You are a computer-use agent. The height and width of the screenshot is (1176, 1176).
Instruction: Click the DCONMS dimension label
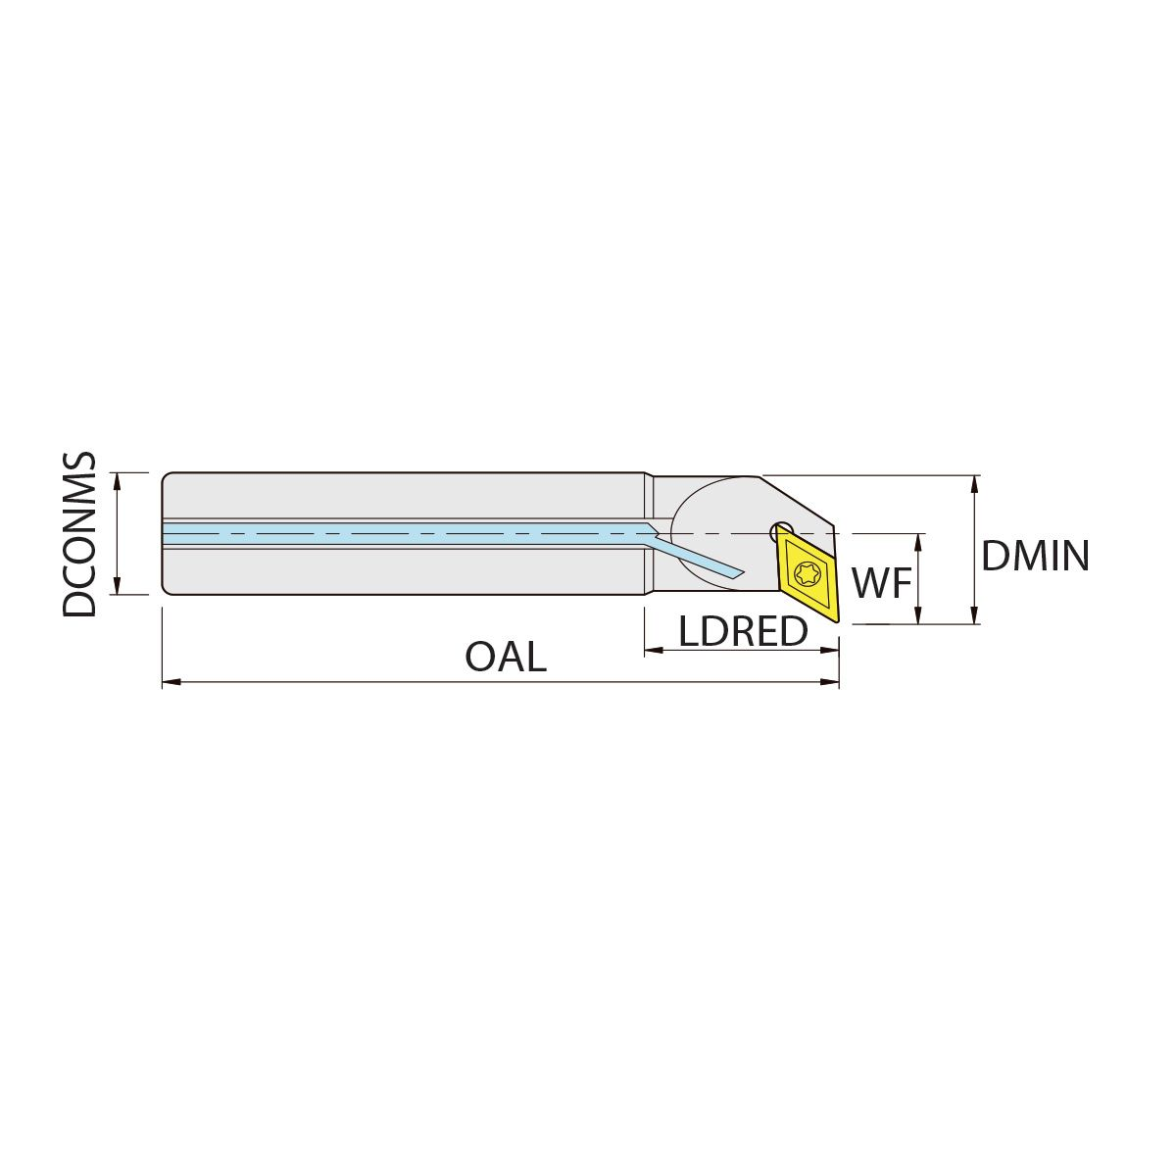[x=80, y=535]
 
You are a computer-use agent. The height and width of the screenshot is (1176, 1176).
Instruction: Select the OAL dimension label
[x=506, y=658]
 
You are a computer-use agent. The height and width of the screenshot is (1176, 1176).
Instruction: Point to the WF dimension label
[x=882, y=583]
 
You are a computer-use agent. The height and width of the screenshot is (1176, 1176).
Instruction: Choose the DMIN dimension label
[x=1035, y=556]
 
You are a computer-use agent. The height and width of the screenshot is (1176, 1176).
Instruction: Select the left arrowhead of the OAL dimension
[x=171, y=682]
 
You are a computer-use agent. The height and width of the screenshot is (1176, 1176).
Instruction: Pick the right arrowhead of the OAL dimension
[x=830, y=682]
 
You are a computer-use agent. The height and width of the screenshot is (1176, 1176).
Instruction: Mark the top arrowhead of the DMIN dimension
[x=974, y=485]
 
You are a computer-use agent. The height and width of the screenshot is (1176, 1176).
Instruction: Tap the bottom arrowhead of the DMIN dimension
[x=974, y=613]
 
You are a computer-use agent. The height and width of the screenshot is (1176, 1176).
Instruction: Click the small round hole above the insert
[x=781, y=531]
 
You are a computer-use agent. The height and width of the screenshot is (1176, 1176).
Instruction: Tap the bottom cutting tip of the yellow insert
[x=837, y=622]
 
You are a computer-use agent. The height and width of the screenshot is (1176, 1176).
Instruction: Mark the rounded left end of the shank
[x=165, y=533]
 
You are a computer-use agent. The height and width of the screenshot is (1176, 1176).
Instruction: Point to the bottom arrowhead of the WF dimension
[x=918, y=613]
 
